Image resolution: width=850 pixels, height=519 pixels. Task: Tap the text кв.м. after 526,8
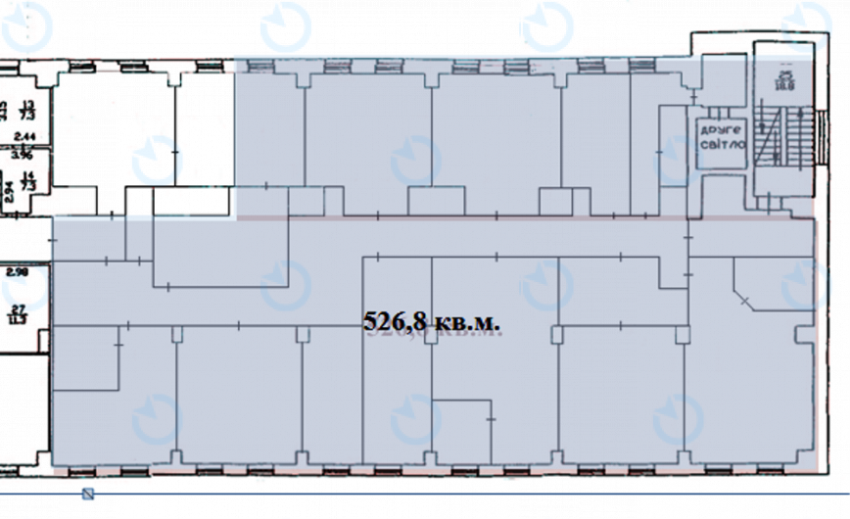click(x=472, y=320)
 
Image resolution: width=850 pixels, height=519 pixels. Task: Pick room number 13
click(x=28, y=104)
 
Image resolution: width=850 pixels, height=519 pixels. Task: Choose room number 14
click(x=28, y=178)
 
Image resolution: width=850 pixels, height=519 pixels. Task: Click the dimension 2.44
click(x=24, y=136)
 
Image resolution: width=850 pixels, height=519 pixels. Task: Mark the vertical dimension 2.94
click(x=7, y=190)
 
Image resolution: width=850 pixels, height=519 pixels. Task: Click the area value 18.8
click(x=783, y=85)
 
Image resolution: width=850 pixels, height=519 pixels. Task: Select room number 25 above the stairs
click(x=783, y=74)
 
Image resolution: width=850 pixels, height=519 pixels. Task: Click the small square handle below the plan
click(x=88, y=493)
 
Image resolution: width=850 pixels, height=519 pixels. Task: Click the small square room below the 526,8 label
click(x=461, y=429)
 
